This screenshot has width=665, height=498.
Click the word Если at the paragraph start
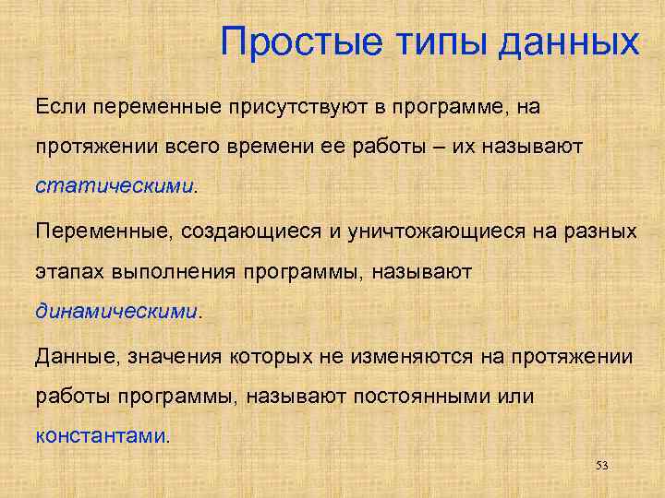(x=59, y=107)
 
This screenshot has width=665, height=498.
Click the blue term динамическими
(x=116, y=310)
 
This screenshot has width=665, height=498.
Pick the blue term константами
(x=101, y=434)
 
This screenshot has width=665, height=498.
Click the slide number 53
(x=602, y=467)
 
